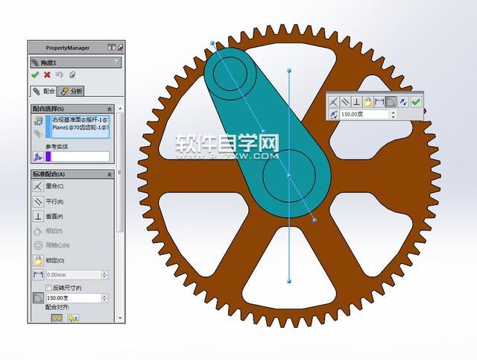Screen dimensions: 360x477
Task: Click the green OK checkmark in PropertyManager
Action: [x=35, y=75]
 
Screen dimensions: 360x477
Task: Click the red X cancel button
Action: [x=47, y=75]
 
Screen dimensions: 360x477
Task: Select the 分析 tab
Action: [x=72, y=91]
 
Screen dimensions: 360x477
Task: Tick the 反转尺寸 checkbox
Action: [x=48, y=287]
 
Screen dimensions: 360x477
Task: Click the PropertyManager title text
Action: [x=67, y=48]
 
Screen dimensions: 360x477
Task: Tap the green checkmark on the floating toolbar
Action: [x=416, y=101]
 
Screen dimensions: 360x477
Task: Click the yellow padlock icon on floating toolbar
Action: [x=367, y=101]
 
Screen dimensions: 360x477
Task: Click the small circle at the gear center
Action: [x=289, y=176]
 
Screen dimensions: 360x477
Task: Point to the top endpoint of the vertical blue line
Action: [x=289, y=70]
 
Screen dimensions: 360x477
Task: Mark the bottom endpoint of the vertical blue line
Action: [x=289, y=282]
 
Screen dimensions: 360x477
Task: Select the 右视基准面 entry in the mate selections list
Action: [x=80, y=119]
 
